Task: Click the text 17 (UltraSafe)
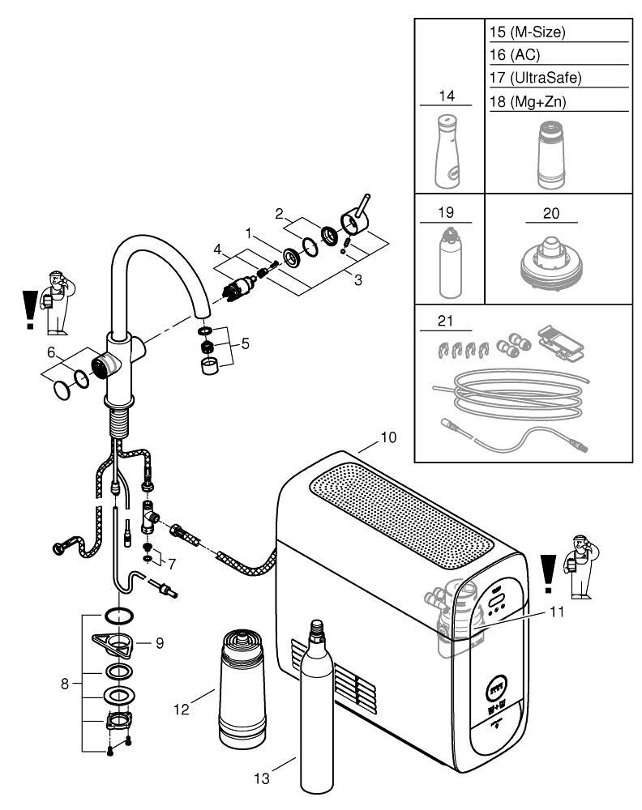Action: point(536,78)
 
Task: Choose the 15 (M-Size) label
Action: point(527,32)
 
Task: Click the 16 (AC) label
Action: point(515,55)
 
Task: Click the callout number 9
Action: point(160,643)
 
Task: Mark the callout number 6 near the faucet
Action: point(50,352)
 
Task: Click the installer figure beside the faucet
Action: point(57,301)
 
